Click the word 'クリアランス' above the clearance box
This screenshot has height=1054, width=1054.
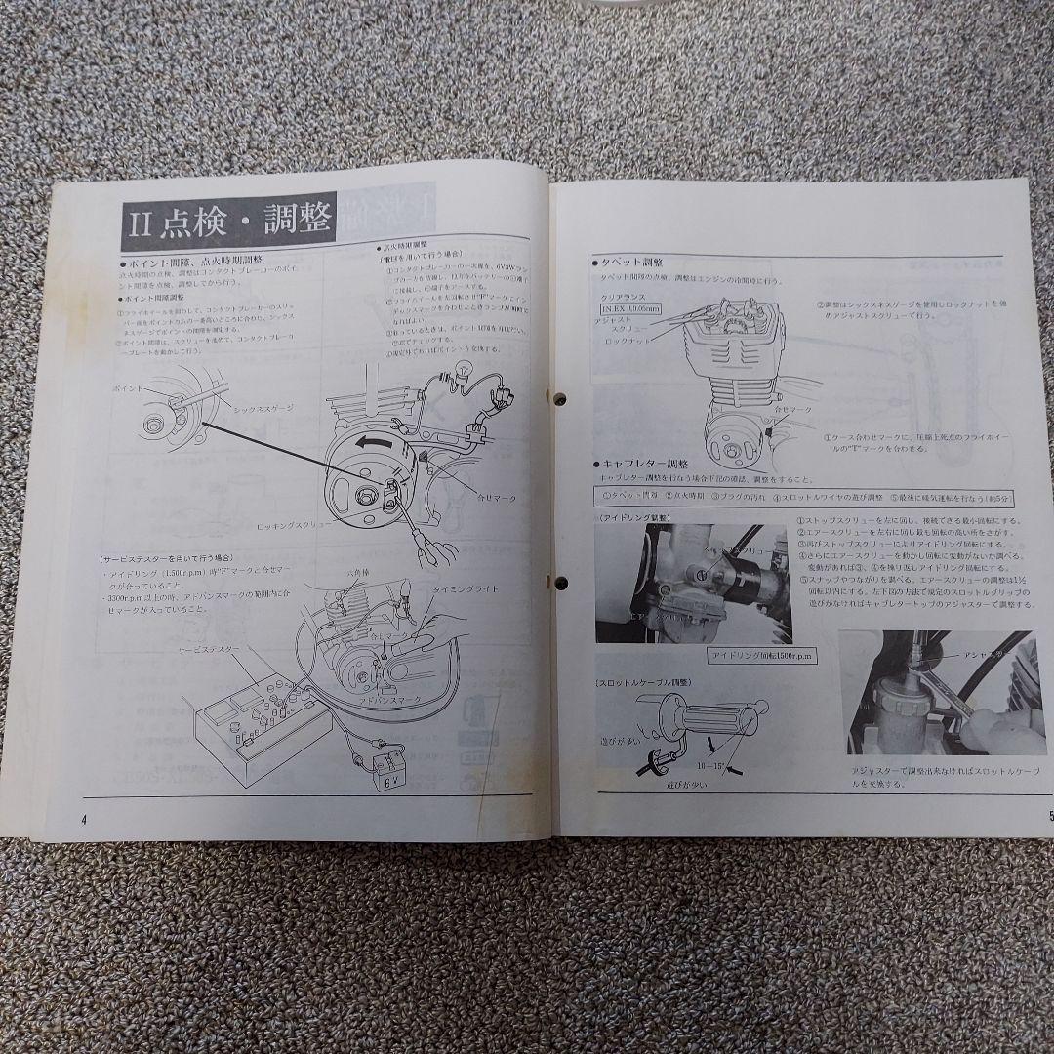[622, 295]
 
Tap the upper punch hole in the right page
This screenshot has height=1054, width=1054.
[561, 399]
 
